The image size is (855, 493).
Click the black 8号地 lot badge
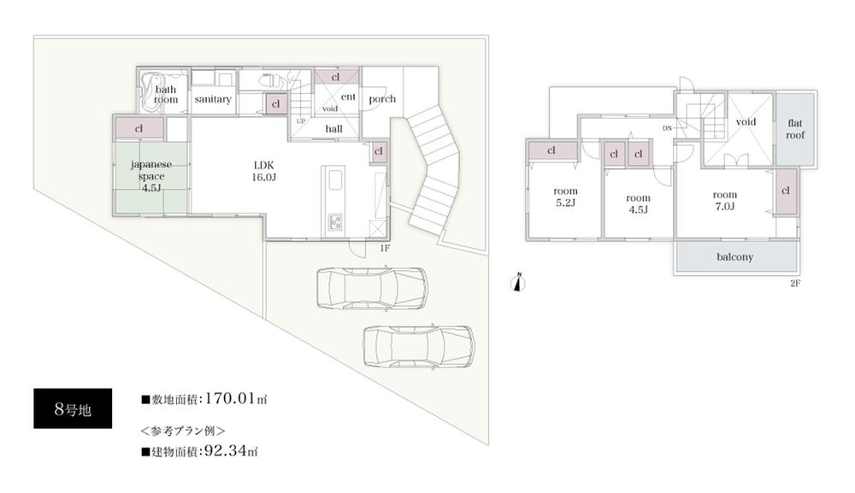pyautogui.click(x=72, y=408)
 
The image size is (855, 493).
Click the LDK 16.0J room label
pyautogui.click(x=264, y=169)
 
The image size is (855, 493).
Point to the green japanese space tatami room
pyautogui.click(x=150, y=174)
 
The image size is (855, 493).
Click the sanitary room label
pyautogui.click(x=213, y=100)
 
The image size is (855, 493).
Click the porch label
pyautogui.click(x=382, y=99)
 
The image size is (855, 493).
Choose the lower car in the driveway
pyautogui.click(x=418, y=345)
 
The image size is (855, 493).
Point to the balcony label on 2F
pyautogui.click(x=734, y=256)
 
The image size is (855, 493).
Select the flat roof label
pyautogui.click(x=795, y=129)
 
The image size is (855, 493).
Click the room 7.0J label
pyautogui.click(x=725, y=200)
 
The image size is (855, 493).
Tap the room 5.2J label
pyautogui.click(x=565, y=197)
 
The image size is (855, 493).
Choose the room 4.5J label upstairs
pyautogui.click(x=637, y=203)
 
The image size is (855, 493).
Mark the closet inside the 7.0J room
pyautogui.click(x=785, y=191)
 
